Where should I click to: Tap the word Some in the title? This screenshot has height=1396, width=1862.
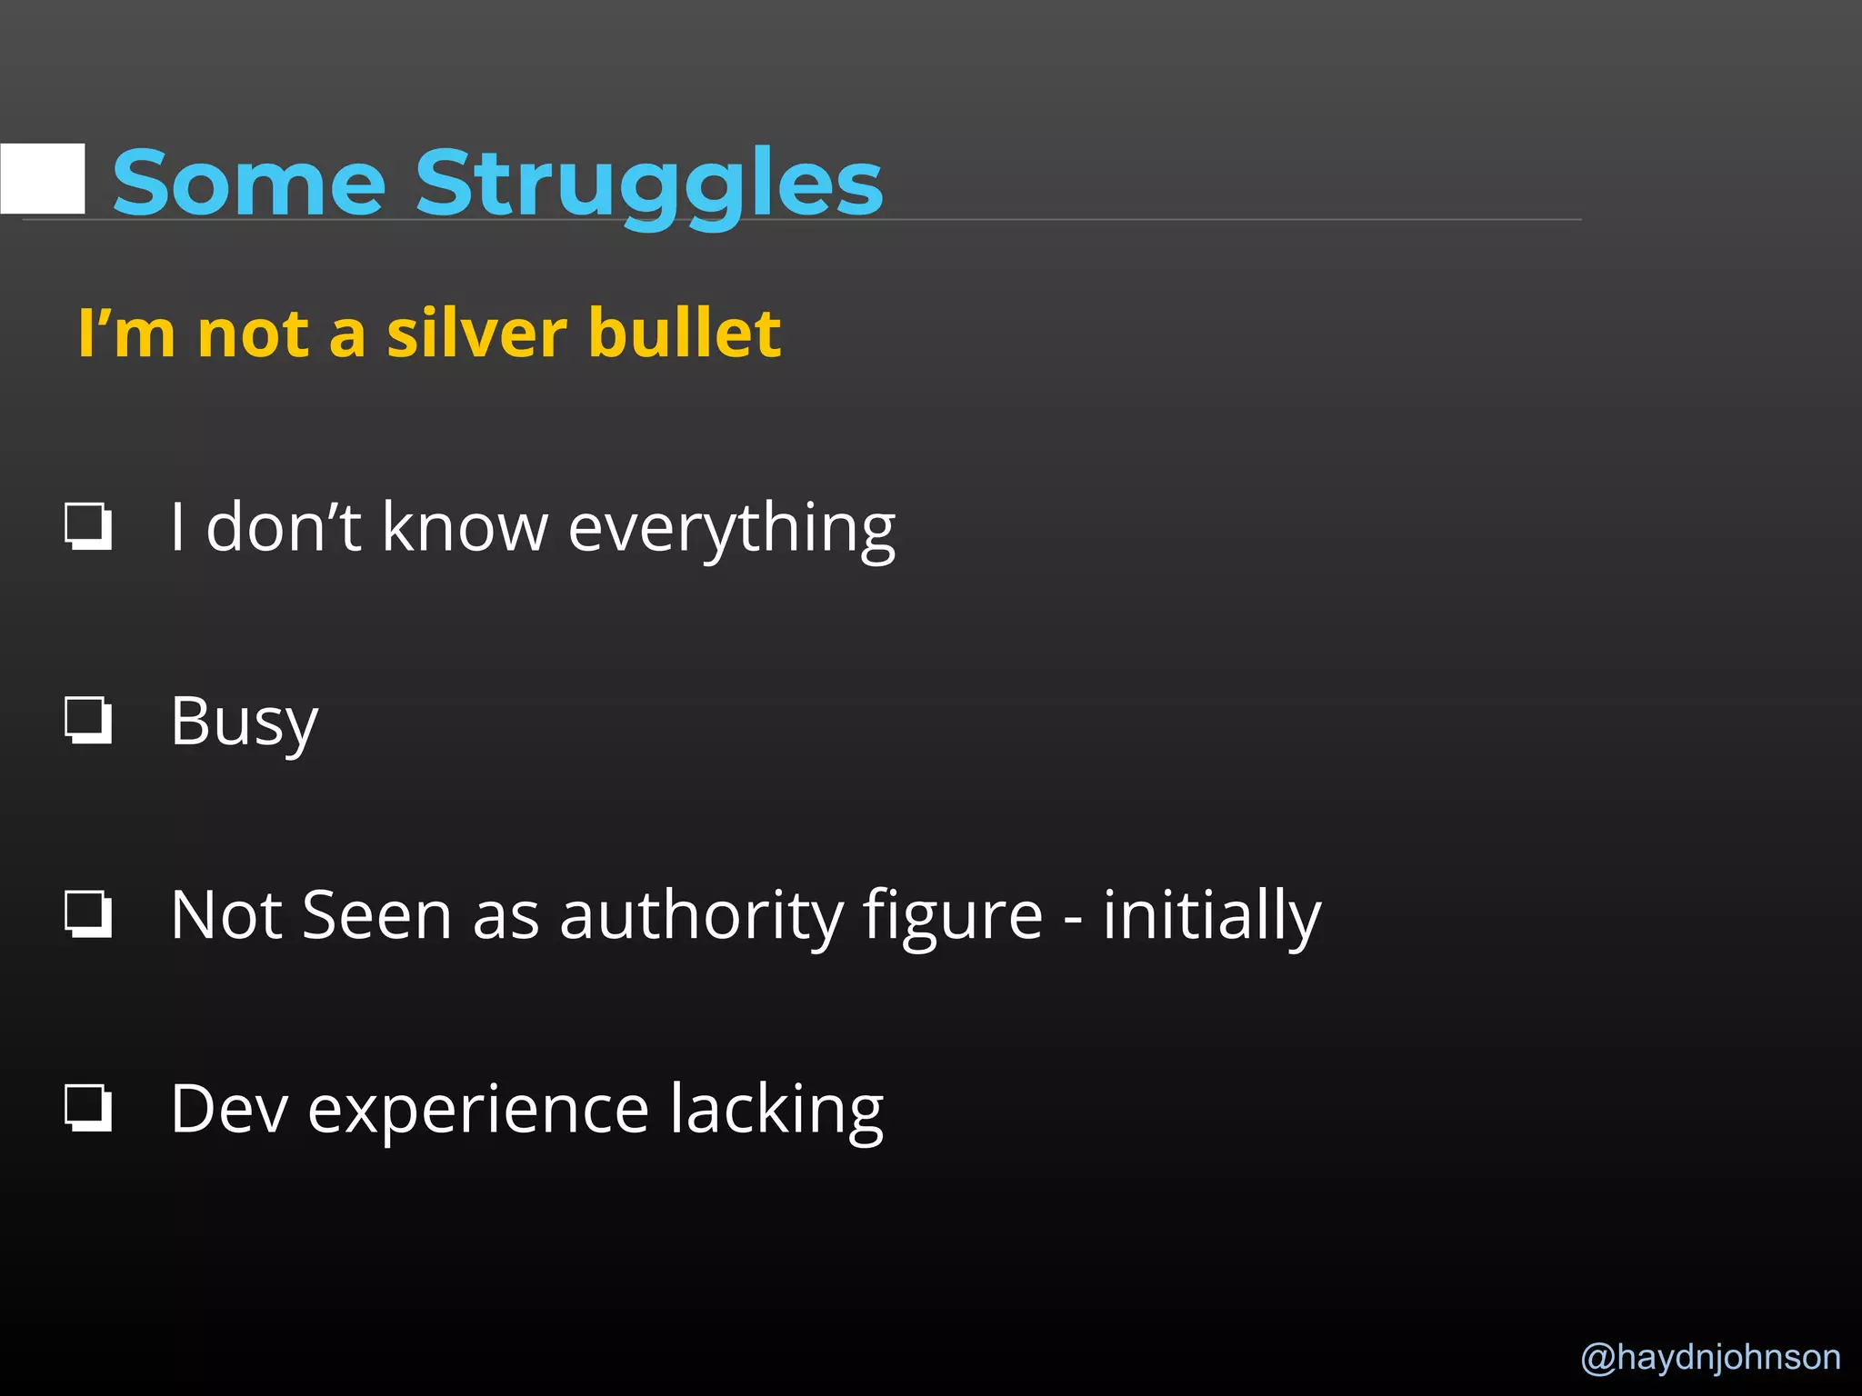(x=249, y=184)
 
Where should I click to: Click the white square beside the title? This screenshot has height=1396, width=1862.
(x=44, y=178)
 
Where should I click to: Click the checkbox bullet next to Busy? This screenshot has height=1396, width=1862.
(x=88, y=721)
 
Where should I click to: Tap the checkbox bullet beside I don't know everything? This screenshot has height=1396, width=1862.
(x=88, y=526)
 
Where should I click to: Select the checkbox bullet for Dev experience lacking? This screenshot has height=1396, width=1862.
(x=88, y=1108)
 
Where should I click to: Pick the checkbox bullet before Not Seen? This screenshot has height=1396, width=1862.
(x=88, y=914)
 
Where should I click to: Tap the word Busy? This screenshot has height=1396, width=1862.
(x=244, y=723)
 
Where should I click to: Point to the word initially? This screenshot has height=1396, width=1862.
(x=1211, y=916)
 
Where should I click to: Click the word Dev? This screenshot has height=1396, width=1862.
(x=229, y=1109)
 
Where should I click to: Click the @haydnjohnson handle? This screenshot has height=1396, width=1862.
(x=1710, y=1357)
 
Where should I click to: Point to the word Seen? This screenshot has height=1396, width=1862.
(x=376, y=916)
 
